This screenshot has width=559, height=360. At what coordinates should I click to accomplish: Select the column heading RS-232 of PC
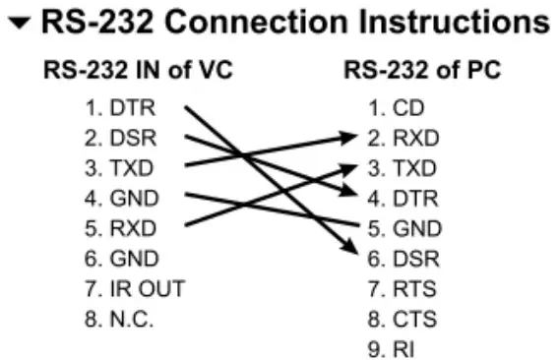[x=421, y=72]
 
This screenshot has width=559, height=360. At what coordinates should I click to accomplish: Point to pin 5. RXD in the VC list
[x=119, y=228]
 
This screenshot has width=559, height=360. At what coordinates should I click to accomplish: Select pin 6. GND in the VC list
[x=119, y=259]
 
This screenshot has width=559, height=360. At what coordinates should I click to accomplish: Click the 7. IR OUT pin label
[x=134, y=289]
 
